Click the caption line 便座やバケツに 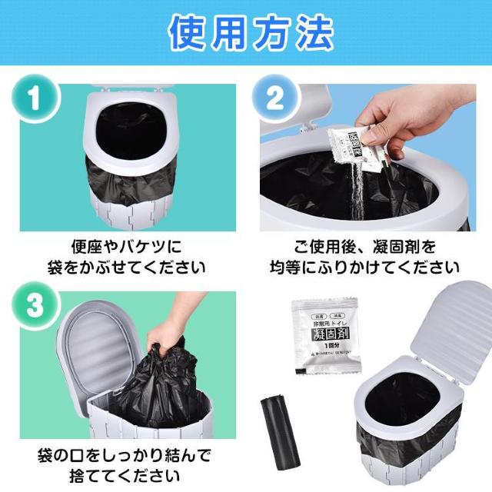pyautogui.click(x=126, y=248)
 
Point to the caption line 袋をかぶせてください pyautogui.click(x=126, y=268)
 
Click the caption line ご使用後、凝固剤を pyautogui.click(x=365, y=248)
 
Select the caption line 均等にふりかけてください pyautogui.click(x=365, y=268)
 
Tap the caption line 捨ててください pyautogui.click(x=126, y=474)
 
